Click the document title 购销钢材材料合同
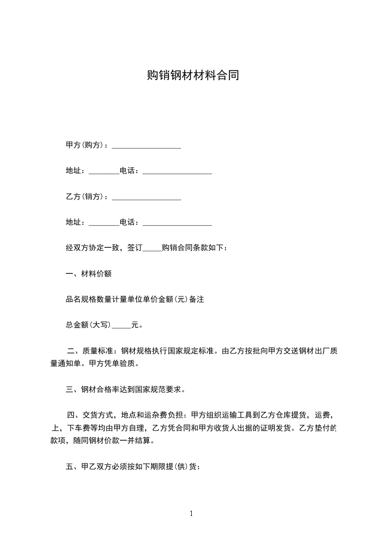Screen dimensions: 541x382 [x=193, y=76]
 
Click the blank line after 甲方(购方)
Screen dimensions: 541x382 [x=146, y=146]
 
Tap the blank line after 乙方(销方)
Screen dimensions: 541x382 [x=146, y=197]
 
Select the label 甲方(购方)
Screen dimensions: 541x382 [x=86, y=145]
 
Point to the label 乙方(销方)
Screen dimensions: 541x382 [x=86, y=197]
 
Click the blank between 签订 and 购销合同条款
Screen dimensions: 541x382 [x=153, y=249]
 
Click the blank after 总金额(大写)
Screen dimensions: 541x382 [x=121, y=326]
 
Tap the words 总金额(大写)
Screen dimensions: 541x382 [x=89, y=325]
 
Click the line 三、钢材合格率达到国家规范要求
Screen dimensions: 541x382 [x=125, y=390]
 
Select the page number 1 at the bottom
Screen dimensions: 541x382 [x=191, y=514]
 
